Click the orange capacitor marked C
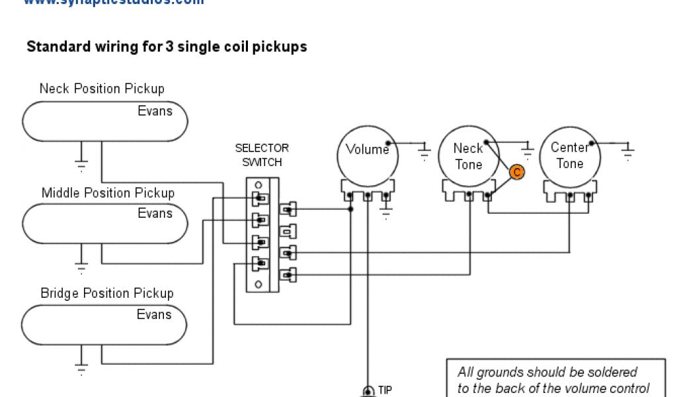pos(517,172)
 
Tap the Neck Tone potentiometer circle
pos(468,156)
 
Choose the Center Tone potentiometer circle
pos(570,155)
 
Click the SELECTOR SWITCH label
pos(262,155)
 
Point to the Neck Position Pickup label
pos(102,89)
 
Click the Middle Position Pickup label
pos(108,193)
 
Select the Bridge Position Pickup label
pos(107,293)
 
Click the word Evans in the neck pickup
pos(155,111)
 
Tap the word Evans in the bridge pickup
pos(155,314)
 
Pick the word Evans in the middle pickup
pos(155,213)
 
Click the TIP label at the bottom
pos(385,390)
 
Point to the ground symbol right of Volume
pos(424,154)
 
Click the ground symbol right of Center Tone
pos(627,154)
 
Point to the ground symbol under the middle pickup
pos(81,267)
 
